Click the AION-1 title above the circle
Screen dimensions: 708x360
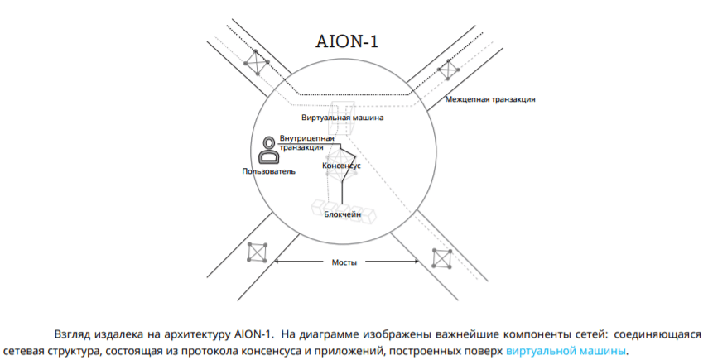click(x=347, y=41)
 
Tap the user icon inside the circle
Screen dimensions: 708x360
click(x=268, y=150)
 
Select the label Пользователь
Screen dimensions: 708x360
click(x=268, y=171)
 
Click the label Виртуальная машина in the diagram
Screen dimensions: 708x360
click(x=343, y=118)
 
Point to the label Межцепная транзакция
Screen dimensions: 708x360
click(x=490, y=99)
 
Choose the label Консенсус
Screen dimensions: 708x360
click(x=341, y=166)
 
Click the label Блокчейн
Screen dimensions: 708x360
click(x=343, y=214)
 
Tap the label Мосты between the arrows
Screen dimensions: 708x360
click(x=344, y=262)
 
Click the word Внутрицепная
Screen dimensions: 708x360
click(x=306, y=138)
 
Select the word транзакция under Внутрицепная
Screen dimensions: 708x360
click(x=301, y=147)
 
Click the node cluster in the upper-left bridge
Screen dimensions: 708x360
click(x=257, y=62)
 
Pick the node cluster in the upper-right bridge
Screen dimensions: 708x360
click(x=448, y=70)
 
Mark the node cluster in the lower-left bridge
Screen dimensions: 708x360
click(x=258, y=252)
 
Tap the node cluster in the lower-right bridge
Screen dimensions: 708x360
click(x=441, y=258)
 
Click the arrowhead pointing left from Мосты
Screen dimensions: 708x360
click(x=277, y=262)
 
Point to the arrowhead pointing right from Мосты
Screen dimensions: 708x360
click(x=416, y=262)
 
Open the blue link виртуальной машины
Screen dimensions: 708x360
click(x=566, y=351)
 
